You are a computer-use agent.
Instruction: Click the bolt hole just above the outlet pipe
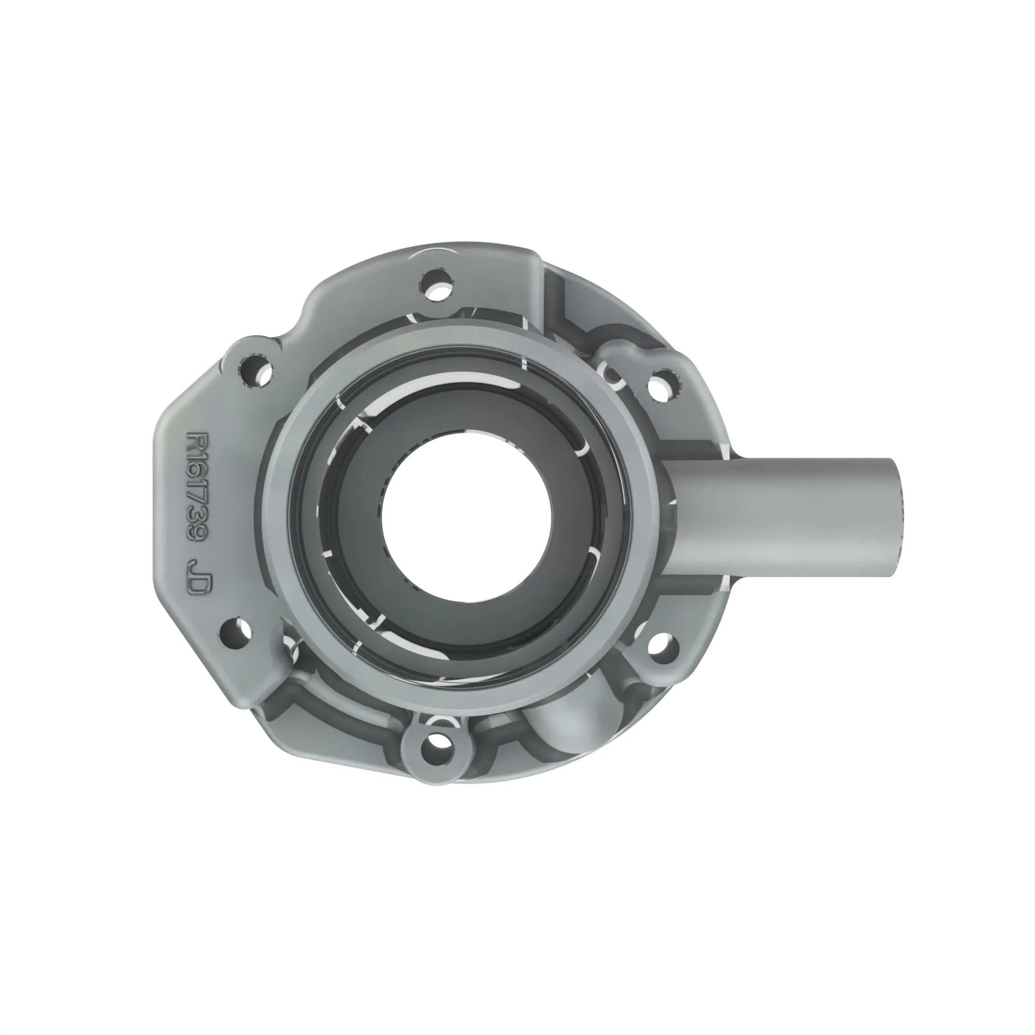pos(663,385)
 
